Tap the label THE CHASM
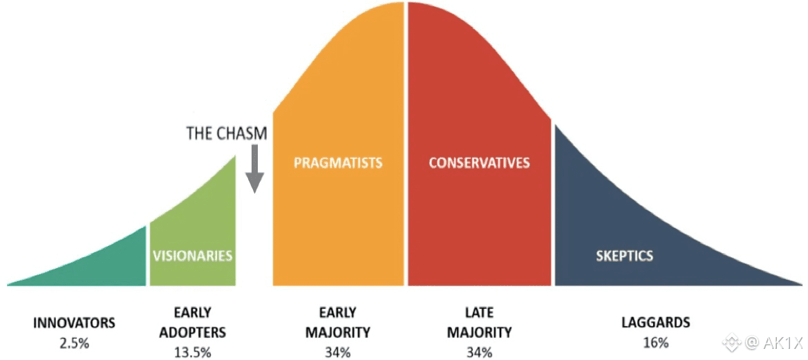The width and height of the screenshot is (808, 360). pos(226,133)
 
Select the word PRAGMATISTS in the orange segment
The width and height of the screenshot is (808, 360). pos(338,163)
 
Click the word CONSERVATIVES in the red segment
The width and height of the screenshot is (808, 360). pos(479,163)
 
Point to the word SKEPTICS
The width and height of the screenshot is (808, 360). pos(624,256)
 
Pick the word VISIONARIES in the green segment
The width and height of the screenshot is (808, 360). pos(192,256)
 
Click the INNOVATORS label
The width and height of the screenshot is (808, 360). pos(74,323)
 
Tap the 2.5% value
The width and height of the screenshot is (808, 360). pos(74,342)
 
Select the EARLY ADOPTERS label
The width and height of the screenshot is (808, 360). pos(192,323)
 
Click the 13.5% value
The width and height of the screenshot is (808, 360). pos(192,352)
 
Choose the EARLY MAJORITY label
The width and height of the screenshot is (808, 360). pos(337,323)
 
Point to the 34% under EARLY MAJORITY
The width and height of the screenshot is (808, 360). pos(337,352)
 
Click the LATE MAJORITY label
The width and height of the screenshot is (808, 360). pos(479,323)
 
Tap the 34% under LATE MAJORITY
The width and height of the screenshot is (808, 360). pos(479,352)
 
